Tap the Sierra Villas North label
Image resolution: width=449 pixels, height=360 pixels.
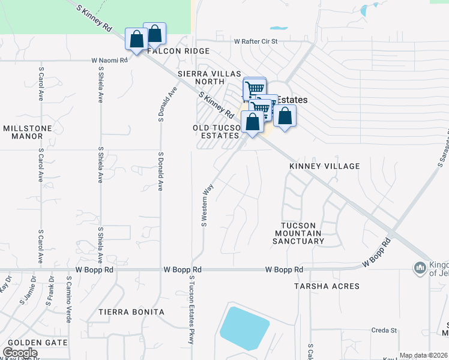tap(208, 77)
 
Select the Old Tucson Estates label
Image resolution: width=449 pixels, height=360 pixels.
tap(216, 132)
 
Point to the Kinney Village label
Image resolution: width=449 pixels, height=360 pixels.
tap(324, 166)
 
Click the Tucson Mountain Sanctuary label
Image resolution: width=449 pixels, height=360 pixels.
tap(298, 233)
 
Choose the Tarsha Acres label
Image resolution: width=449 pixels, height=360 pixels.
tap(327, 287)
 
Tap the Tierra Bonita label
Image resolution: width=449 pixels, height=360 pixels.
tap(131, 313)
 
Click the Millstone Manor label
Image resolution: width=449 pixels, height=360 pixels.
tap(23, 132)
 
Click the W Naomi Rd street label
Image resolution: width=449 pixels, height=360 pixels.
tap(110, 61)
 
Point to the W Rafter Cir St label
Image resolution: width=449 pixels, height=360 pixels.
tap(256, 42)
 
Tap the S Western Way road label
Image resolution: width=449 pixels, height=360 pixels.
tap(208, 205)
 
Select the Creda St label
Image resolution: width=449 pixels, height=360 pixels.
tap(384, 331)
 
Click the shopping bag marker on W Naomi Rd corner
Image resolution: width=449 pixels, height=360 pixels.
tap(136, 40)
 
